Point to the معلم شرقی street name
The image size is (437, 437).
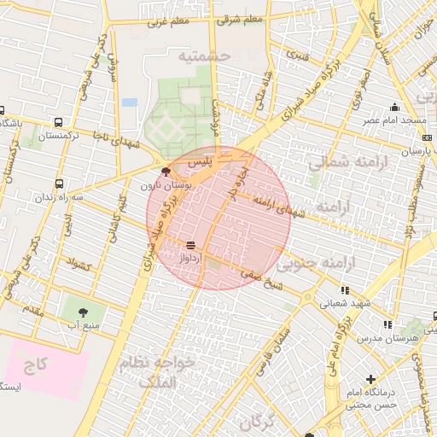(x=241, y=20)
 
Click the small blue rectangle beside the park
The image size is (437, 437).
(x=129, y=102)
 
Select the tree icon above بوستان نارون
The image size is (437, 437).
(x=166, y=172)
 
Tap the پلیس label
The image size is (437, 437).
(x=198, y=161)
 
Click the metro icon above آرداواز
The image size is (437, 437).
(x=189, y=243)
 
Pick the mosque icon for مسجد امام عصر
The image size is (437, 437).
(x=394, y=108)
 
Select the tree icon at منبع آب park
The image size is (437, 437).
(x=83, y=312)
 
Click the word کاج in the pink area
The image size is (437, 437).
(x=35, y=364)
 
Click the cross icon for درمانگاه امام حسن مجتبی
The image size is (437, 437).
(x=370, y=379)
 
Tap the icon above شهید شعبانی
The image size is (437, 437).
(x=346, y=290)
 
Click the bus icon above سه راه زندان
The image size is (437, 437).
(x=59, y=183)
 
